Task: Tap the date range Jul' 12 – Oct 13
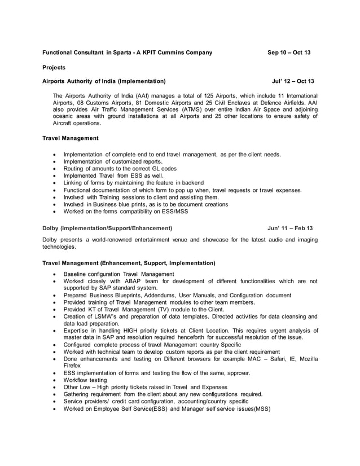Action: pyautogui.click(x=293, y=81)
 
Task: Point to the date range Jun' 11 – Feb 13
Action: pyautogui.click(x=290, y=228)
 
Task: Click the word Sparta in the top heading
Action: pyautogui.click(x=124, y=52)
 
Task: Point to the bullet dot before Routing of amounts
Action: pyautogui.click(x=54, y=169)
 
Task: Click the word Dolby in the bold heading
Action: pyautogui.click(x=51, y=228)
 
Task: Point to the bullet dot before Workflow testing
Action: pyautogui.click(x=54, y=380)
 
